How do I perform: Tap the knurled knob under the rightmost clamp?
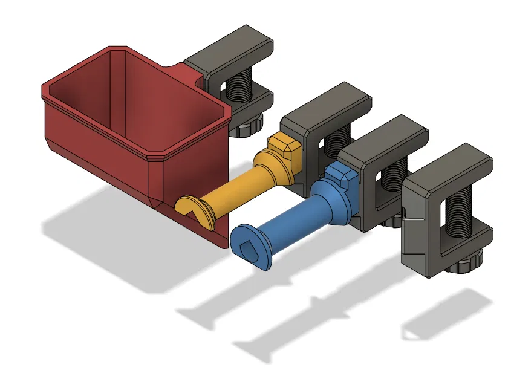pyautogui.click(x=468, y=264)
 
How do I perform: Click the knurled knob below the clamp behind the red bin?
pyautogui.click(x=249, y=126)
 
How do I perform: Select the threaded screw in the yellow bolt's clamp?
pyautogui.click(x=333, y=145)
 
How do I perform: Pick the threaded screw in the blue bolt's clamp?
pyautogui.click(x=394, y=175)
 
